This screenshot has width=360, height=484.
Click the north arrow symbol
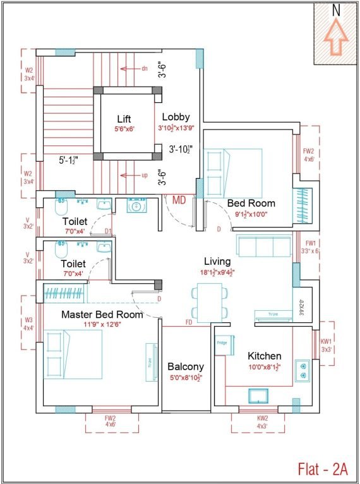tap(336, 37)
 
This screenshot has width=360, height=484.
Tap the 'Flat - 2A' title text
tap(323, 468)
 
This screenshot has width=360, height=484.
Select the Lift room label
tap(124, 119)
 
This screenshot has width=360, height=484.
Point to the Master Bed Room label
tap(102, 314)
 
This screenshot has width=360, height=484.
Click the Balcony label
tap(185, 366)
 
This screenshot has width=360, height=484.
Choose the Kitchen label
tap(264, 356)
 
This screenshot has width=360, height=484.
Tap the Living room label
tap(217, 261)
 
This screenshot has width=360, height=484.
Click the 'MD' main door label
tap(179, 200)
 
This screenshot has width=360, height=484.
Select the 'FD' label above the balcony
tap(189, 322)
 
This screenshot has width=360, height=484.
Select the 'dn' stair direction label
tap(144, 68)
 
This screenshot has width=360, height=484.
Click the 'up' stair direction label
tap(144, 175)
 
